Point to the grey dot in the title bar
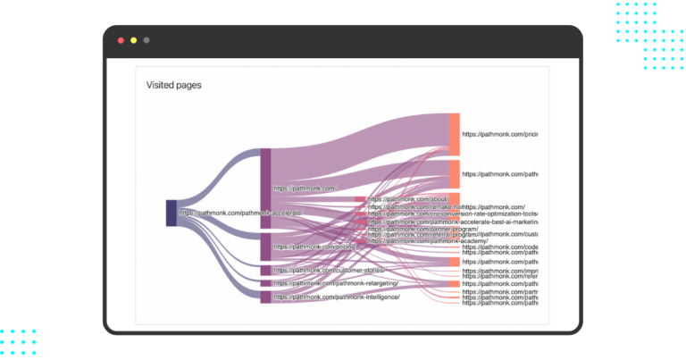pyautogui.click(x=146, y=40)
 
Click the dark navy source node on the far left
pyautogui.click(x=171, y=213)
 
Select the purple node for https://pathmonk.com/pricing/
pyautogui.click(x=265, y=246)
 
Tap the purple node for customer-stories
pyautogui.click(x=265, y=270)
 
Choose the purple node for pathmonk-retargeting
pyautogui.click(x=265, y=283)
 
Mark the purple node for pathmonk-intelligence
pyautogui.click(x=265, y=297)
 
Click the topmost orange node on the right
pyautogui.click(x=455, y=134)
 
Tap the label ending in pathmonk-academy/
pyautogui.click(x=428, y=241)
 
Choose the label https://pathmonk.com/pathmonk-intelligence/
pyautogui.click(x=337, y=297)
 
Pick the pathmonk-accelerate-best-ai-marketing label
pyautogui.click(x=453, y=222)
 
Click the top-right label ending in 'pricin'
pyautogui.click(x=499, y=134)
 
